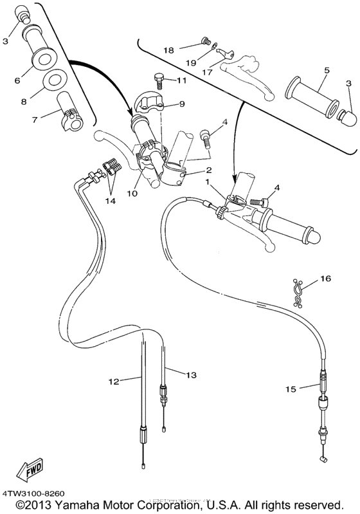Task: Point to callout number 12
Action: pos(113,381)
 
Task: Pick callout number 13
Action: pos(190,374)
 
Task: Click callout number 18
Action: pos(168,50)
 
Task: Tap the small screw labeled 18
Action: pos(206,41)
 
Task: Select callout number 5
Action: pos(327,69)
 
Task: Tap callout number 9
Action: pos(181,103)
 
